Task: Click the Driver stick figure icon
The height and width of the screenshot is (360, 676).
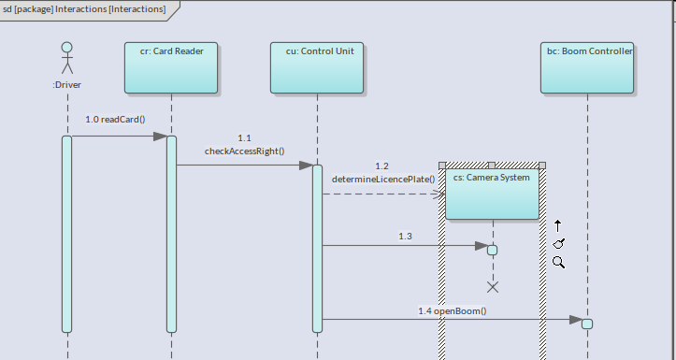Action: click(66, 58)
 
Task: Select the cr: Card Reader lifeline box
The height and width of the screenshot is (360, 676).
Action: click(171, 67)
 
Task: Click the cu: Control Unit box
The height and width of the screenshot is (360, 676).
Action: click(317, 67)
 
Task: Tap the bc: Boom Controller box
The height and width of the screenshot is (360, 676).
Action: click(587, 67)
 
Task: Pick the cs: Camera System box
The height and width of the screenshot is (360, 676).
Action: click(492, 194)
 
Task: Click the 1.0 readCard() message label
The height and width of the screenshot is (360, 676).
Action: click(115, 120)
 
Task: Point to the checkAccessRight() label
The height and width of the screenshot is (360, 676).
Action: click(244, 151)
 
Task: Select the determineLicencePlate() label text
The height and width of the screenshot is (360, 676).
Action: click(383, 179)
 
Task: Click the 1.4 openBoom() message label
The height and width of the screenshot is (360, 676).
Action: click(453, 310)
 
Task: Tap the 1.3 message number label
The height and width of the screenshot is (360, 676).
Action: click(405, 237)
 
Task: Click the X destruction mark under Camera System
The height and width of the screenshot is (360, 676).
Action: click(493, 287)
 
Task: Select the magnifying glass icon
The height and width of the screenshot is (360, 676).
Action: click(559, 262)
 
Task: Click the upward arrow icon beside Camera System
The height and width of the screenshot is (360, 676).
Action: click(558, 226)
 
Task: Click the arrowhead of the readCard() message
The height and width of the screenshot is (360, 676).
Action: click(161, 137)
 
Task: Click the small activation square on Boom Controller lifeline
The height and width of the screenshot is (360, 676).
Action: click(587, 324)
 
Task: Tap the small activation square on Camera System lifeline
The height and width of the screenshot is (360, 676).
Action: click(493, 250)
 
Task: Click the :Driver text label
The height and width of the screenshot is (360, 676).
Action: click(66, 85)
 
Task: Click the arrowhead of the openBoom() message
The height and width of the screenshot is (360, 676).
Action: click(576, 320)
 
